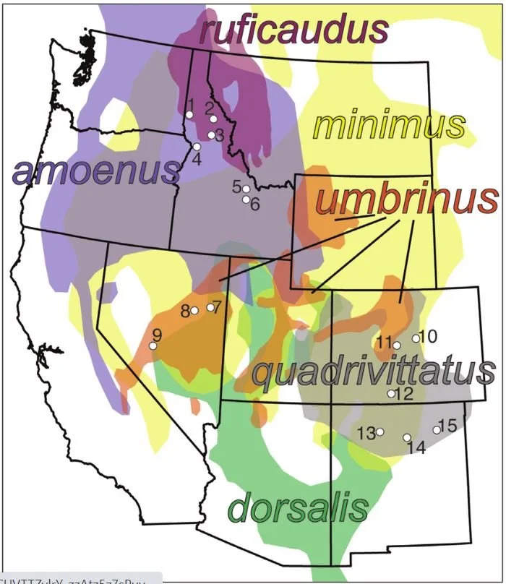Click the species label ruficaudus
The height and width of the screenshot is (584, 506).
294,31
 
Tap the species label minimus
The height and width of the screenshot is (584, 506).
388,126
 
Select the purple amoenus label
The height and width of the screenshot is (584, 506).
95,171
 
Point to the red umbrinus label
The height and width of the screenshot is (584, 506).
407,199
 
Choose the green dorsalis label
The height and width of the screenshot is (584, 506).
297,507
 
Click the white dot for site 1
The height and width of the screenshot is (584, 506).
189,115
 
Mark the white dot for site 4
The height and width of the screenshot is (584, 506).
196,147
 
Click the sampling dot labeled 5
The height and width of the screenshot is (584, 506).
246,189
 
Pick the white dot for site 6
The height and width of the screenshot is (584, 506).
246,199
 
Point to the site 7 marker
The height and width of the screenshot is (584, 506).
210,307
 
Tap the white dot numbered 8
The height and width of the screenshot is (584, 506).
194,311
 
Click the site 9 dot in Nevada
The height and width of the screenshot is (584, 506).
153,345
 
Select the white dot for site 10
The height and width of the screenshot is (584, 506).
416,338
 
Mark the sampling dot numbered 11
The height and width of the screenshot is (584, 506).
397,345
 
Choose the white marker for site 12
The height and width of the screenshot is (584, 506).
391,394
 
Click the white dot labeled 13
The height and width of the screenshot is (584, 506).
379,432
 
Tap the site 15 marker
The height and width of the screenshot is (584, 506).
437,429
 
